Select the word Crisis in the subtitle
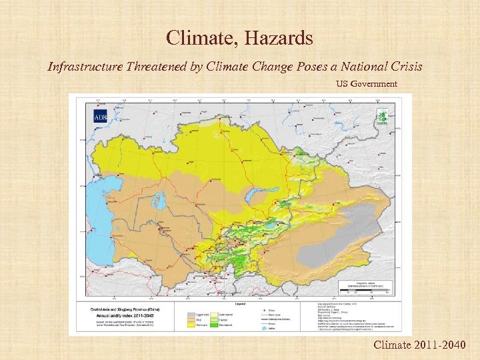point(405,67)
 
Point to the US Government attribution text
point(366,84)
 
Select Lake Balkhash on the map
point(253,196)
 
